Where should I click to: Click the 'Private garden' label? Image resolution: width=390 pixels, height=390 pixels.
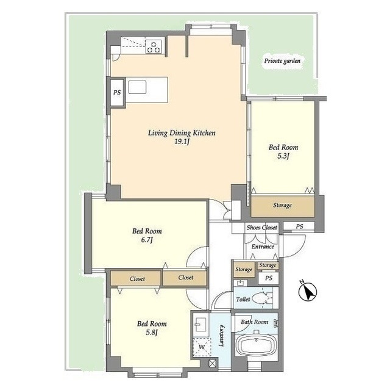coord(282,61)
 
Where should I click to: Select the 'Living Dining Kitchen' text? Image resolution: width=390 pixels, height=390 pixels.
coord(182,132)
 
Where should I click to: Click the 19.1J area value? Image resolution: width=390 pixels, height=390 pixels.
coord(182,142)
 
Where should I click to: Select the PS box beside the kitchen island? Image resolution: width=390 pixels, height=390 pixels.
coord(116,93)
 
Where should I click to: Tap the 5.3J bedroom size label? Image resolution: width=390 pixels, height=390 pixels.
coord(283,156)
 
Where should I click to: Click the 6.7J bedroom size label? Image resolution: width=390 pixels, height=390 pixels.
coord(146,240)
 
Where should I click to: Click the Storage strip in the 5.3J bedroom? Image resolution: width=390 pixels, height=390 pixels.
coord(282,205)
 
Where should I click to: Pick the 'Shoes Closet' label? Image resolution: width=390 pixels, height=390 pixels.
coord(261,227)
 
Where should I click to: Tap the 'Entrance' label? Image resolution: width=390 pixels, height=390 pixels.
coord(262,247)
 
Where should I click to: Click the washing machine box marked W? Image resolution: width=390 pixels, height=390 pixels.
coord(200,347)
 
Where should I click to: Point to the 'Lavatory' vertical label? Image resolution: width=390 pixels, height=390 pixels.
coord(222,337)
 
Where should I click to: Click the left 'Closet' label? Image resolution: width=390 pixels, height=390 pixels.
coord(136,278)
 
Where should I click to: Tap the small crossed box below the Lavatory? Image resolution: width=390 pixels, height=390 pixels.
coord(211,363)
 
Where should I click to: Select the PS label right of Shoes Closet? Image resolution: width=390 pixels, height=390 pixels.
coord(299,226)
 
